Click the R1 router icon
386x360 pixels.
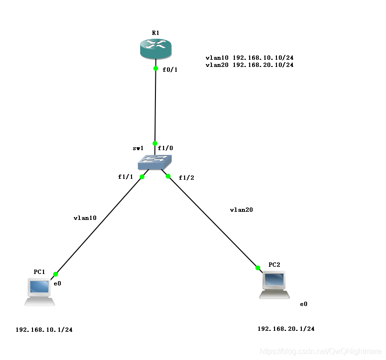[x=155, y=48]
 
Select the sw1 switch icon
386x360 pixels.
[x=155, y=162]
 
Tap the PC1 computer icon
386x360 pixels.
[x=40, y=291]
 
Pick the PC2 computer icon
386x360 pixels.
[x=274, y=284]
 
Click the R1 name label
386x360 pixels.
[x=155, y=33]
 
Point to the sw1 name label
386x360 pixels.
[x=138, y=149]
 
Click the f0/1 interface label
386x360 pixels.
[x=170, y=70]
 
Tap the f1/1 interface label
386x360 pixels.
[x=125, y=177]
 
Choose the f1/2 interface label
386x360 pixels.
[x=186, y=178]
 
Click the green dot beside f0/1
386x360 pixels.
[x=155, y=68]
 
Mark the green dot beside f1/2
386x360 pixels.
[x=168, y=176]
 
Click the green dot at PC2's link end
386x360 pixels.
[x=258, y=268]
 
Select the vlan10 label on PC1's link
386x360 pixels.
[x=85, y=218]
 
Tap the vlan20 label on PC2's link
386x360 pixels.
[x=241, y=210]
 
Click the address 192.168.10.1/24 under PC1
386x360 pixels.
[x=44, y=330]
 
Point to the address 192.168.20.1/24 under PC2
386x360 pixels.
[x=286, y=329]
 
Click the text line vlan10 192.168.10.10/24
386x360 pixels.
[x=249, y=58]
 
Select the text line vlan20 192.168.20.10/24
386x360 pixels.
[x=249, y=65]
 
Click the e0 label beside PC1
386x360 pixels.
[x=57, y=284]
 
